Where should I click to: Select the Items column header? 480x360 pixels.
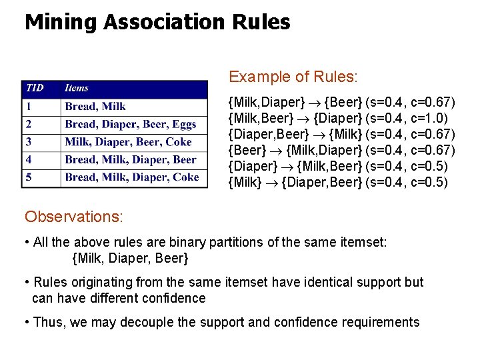pyautogui.click(x=77, y=88)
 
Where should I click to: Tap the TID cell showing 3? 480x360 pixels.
pyautogui.click(x=29, y=141)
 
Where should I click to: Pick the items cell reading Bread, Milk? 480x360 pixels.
pyautogui.click(x=95, y=106)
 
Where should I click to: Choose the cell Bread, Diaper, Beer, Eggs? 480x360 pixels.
pyautogui.click(x=131, y=124)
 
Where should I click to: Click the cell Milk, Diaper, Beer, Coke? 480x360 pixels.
pyautogui.click(x=128, y=141)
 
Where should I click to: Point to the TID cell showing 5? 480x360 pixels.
pyautogui.click(x=29, y=177)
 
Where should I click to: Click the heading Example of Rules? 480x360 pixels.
pyautogui.click(x=293, y=77)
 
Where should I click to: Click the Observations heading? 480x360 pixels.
pyautogui.click(x=71, y=217)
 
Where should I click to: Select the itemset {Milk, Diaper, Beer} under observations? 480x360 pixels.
pyautogui.click(x=130, y=257)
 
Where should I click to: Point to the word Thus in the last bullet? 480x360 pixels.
pyautogui.click(x=48, y=323)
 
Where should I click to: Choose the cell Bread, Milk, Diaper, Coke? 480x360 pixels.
pyautogui.click(x=132, y=177)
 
